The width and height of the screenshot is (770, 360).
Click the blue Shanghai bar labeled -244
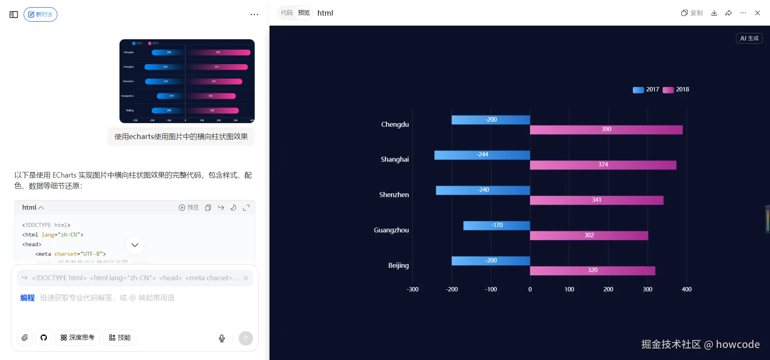coord(482,155)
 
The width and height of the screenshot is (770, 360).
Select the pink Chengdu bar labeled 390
coord(606,129)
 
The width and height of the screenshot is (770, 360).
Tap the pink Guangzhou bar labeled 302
coord(589,235)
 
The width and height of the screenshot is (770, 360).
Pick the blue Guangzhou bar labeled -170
coord(496,225)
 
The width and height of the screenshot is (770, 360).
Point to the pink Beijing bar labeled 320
coord(592,271)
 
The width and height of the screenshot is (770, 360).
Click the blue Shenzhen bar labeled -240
coord(483,190)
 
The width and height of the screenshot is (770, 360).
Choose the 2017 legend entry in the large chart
coord(646,90)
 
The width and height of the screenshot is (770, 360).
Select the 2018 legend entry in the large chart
coord(676,90)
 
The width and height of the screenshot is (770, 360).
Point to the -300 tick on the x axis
coord(412,289)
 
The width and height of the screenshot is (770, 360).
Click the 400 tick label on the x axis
coord(686,289)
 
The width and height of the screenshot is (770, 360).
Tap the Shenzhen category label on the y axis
coord(394,195)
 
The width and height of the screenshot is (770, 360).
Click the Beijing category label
coord(398,265)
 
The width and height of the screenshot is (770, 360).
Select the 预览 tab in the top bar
coord(304,13)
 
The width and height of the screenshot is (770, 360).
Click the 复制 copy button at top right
coord(692,13)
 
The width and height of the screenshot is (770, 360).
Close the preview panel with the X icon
coord(757,13)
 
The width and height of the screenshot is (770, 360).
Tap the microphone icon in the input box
coord(222,338)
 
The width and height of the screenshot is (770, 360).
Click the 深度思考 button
coord(77,338)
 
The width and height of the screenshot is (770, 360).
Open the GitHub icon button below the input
coord(44,338)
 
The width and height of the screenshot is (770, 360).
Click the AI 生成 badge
coord(749,38)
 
